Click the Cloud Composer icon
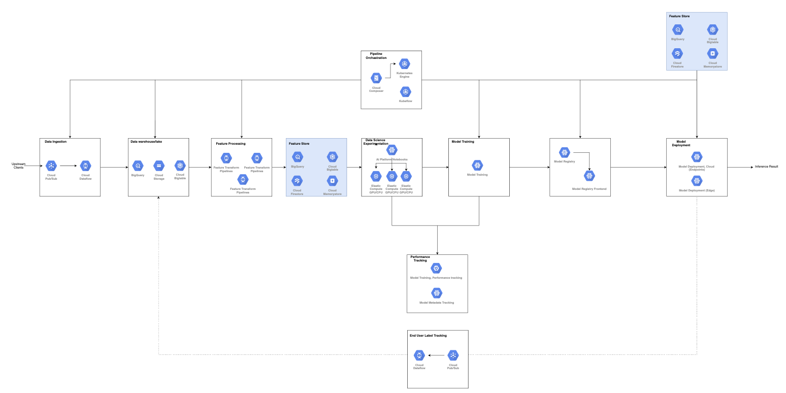point(376,78)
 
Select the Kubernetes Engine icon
point(404,64)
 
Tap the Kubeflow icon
point(405,92)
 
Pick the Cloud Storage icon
point(158,166)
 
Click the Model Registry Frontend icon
point(589,176)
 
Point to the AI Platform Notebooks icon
point(391,150)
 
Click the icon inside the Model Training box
point(477,166)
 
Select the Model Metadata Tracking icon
point(437,293)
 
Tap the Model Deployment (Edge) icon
point(697,180)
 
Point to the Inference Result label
point(766,167)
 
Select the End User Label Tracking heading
point(428,336)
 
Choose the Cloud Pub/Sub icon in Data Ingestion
point(51,166)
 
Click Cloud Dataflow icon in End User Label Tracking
point(419,355)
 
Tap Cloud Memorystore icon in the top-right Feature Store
point(712,54)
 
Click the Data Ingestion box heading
point(55,142)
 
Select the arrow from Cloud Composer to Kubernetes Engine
point(390,71)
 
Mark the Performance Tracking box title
point(420,259)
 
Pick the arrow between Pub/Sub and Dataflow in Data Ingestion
point(68,166)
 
